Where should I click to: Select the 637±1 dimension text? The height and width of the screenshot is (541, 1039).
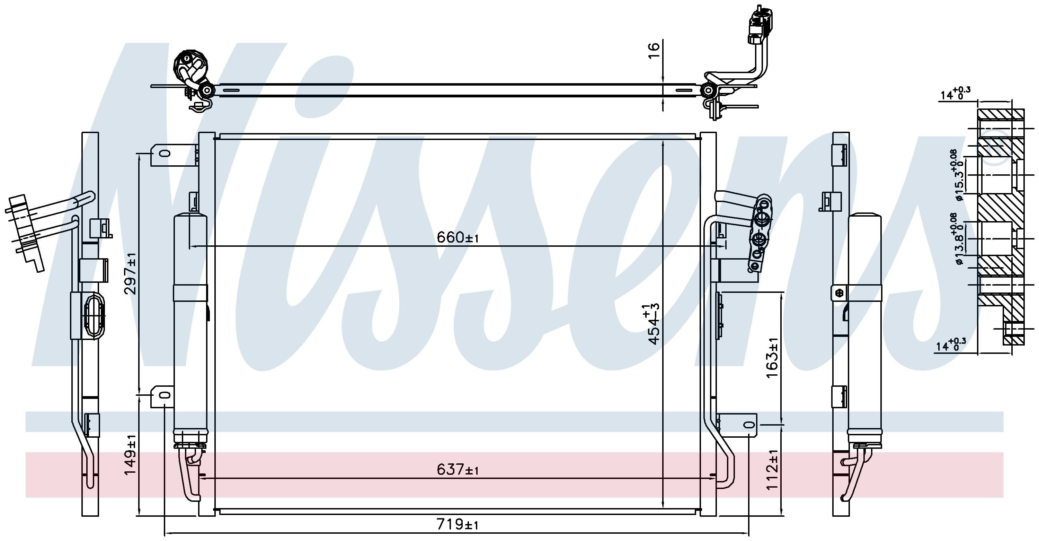click(x=458, y=470)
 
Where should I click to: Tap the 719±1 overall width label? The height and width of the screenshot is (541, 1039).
click(x=458, y=525)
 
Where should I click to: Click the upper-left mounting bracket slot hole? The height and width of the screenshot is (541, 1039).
click(x=165, y=154)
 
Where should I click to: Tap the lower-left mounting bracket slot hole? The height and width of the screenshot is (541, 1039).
click(x=165, y=396)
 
